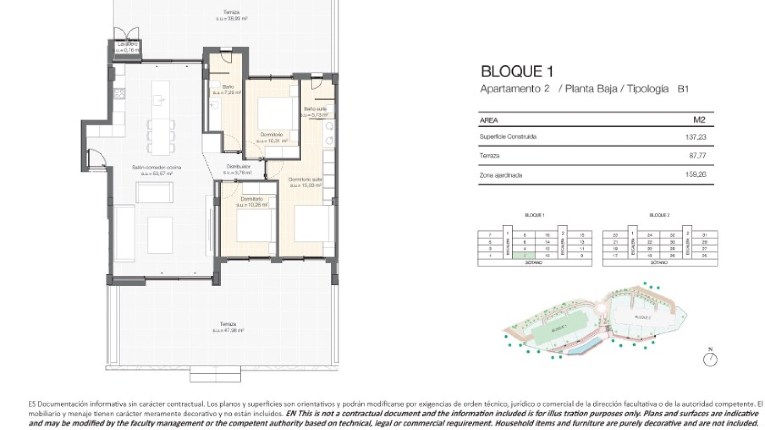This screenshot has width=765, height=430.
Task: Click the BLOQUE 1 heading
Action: tap(517, 72)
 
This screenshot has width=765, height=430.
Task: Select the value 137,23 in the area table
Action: tap(696, 137)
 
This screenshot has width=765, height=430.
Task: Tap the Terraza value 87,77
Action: tap(697, 156)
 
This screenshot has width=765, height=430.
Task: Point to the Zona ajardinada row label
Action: tap(500, 175)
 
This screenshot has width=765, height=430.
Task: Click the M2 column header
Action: tap(699, 120)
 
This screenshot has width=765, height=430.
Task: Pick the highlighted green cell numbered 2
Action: tap(525, 256)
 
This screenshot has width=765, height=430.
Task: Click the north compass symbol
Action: tap(710, 360)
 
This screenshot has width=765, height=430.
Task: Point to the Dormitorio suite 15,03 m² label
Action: tap(305, 182)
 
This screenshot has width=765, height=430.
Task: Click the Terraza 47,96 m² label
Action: tap(228, 327)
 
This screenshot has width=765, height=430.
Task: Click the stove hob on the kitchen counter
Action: tap(120, 94)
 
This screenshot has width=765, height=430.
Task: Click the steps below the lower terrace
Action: tap(215, 374)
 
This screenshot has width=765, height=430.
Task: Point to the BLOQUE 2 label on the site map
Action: tap(642, 317)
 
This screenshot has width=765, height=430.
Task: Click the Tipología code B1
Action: tap(683, 89)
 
